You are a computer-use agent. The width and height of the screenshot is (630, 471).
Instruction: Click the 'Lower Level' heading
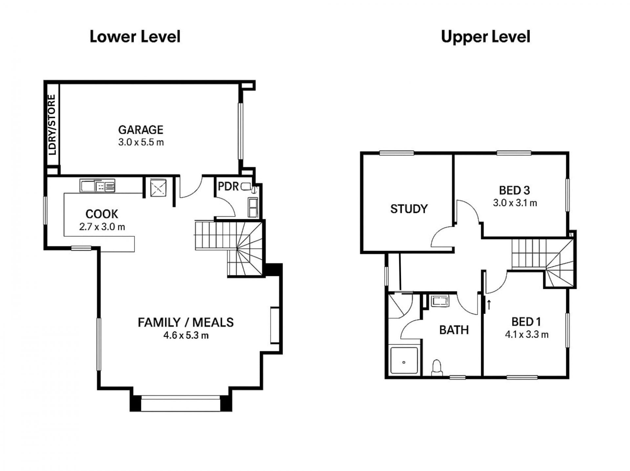(135, 36)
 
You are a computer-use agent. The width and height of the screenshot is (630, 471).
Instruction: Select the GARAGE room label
(141, 130)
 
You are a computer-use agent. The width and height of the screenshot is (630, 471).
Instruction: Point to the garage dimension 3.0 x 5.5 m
(141, 142)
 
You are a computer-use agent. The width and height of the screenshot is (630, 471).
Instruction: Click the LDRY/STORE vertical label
(52, 125)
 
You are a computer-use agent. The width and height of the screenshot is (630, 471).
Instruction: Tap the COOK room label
(102, 214)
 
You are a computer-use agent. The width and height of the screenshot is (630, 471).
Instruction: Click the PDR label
(228, 186)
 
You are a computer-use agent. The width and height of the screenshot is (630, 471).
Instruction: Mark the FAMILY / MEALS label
(186, 322)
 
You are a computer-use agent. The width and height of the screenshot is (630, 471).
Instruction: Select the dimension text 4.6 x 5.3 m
(186, 335)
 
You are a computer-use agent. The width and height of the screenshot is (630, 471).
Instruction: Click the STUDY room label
(409, 209)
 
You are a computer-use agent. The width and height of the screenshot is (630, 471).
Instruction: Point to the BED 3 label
(514, 190)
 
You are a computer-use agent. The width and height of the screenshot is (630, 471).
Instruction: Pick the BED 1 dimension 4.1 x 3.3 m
(527, 334)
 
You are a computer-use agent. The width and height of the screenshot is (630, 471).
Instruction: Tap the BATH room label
(454, 330)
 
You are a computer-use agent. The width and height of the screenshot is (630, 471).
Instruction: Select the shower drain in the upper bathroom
(404, 362)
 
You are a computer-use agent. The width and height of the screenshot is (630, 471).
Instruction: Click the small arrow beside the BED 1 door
(489, 305)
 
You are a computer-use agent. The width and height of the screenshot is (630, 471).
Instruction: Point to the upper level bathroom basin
(440, 301)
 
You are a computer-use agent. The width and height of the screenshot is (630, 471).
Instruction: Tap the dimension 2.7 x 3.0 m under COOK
(102, 227)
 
